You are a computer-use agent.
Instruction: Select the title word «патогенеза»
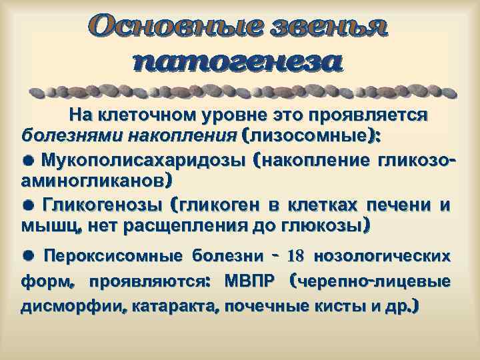pos(238,63)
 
